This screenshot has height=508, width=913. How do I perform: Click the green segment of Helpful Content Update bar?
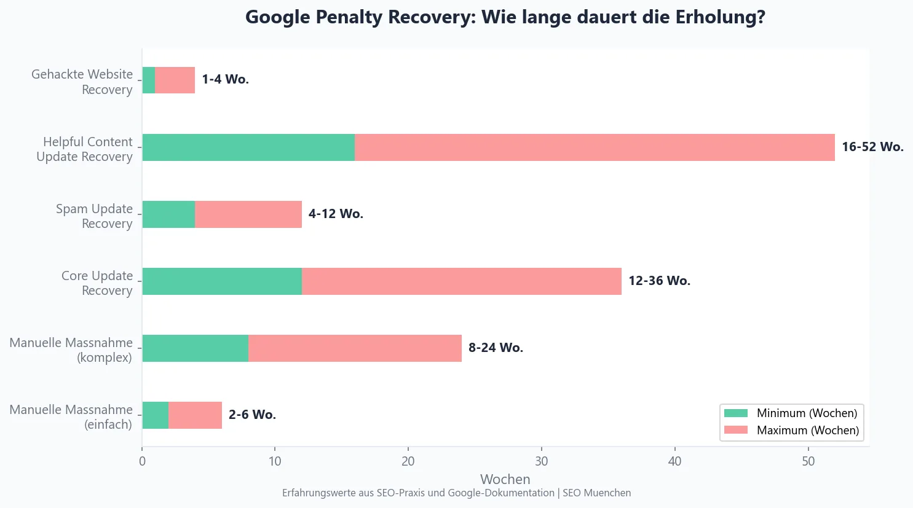click(248, 147)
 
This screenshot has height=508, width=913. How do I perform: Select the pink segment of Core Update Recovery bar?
click(461, 281)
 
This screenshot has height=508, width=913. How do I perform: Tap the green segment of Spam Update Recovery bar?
click(168, 214)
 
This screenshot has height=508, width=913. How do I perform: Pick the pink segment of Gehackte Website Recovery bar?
click(175, 80)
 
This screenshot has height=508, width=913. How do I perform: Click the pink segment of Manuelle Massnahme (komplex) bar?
click(355, 348)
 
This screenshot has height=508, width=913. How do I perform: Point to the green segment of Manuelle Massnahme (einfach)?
click(155, 415)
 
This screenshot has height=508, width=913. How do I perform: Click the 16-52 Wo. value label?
click(872, 147)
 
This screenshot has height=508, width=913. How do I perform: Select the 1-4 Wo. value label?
click(225, 79)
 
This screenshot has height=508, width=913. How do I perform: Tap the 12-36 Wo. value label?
click(659, 281)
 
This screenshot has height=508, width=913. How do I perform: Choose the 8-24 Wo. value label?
click(496, 348)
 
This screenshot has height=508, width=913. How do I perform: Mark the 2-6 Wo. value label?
click(252, 415)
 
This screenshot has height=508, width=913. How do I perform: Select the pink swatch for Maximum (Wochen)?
click(735, 430)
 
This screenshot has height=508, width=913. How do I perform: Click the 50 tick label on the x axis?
click(808, 461)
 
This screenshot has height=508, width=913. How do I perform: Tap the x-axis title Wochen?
click(505, 479)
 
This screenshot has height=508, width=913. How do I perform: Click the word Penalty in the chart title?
click(349, 17)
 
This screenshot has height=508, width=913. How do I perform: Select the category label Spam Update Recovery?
click(94, 216)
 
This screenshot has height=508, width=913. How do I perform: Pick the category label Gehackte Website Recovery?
click(82, 82)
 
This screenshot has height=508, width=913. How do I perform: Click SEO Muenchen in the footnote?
click(596, 493)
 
